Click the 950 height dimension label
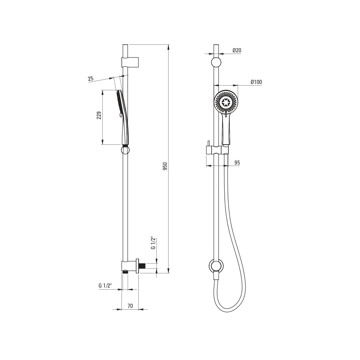pos(165,166)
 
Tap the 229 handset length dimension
pos(99,115)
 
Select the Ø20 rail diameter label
pos(237,50)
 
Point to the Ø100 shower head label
pos(256,82)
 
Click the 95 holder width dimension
pos(237,163)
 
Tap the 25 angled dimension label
pos(91,79)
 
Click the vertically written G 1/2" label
pos(153,243)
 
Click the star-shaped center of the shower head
pos(226,102)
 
